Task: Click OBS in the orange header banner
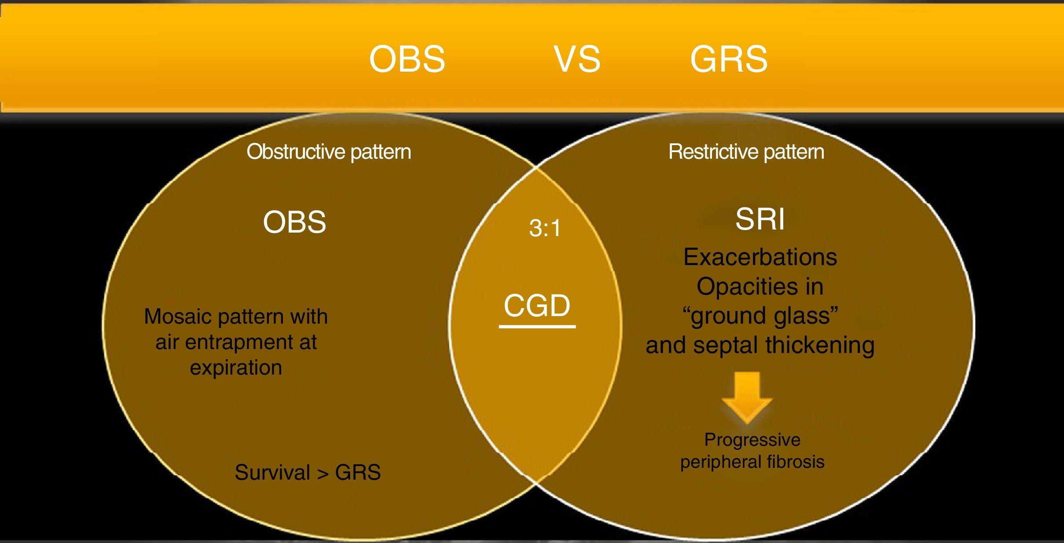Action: (x=407, y=59)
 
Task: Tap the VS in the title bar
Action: (x=577, y=59)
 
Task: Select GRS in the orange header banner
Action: (x=729, y=59)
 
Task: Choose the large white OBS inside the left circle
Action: (x=294, y=222)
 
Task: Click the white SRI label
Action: (x=760, y=219)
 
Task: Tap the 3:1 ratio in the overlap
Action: (x=545, y=228)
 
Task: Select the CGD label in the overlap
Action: (x=537, y=305)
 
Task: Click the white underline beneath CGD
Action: (x=537, y=327)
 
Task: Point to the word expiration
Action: (x=236, y=368)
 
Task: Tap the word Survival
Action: (x=272, y=473)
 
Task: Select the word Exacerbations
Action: (x=760, y=257)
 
